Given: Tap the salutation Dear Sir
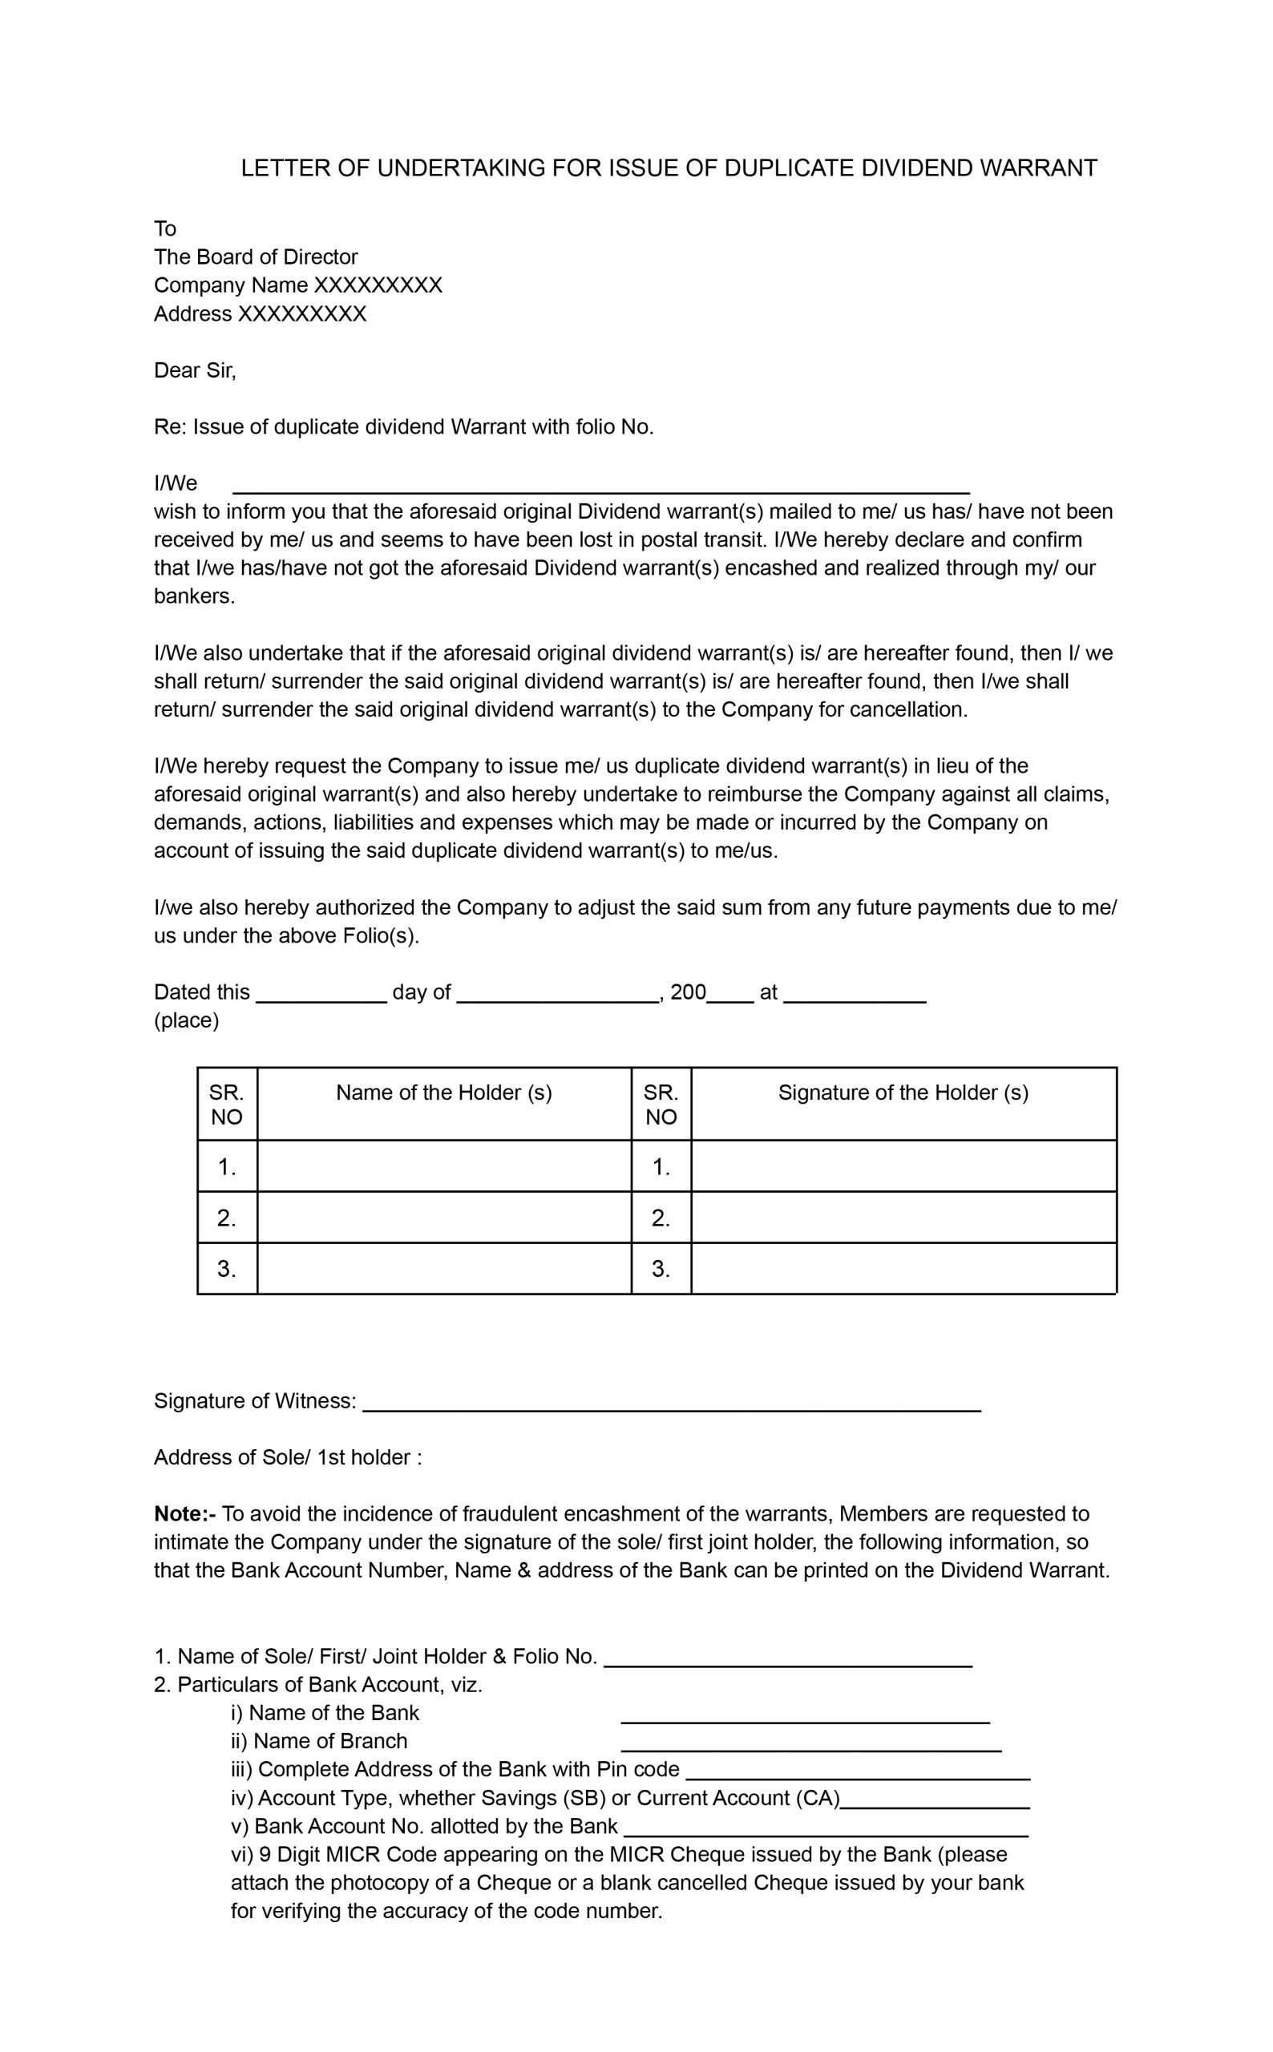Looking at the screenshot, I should tap(195, 370).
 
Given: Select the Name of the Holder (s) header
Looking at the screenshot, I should tap(443, 1093).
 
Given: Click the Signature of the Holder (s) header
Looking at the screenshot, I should tap(903, 1093).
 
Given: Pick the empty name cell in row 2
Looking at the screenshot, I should tap(443, 1217).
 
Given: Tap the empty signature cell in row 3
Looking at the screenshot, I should tap(903, 1268).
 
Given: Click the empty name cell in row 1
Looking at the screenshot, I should tap(443, 1166).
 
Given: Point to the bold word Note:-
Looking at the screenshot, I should tap(184, 1514).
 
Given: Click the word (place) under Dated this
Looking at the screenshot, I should tap(186, 1021).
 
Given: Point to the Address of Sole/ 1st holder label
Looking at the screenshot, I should tap(287, 1458).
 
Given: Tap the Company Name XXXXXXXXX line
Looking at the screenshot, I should tap(297, 285).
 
